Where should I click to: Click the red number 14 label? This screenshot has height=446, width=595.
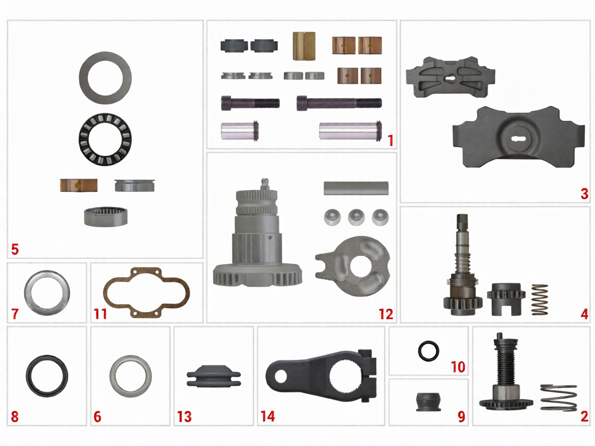point(268,416)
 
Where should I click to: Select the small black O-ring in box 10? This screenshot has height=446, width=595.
point(429,352)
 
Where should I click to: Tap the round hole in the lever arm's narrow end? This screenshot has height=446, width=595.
point(280,376)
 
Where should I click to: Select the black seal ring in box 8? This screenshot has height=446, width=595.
point(46,375)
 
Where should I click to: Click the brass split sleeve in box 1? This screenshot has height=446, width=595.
point(304,46)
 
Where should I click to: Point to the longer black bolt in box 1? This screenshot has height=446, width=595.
point(339,103)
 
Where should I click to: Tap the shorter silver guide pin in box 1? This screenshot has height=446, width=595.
point(239,131)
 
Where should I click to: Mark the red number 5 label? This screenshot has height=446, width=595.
point(14,249)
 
